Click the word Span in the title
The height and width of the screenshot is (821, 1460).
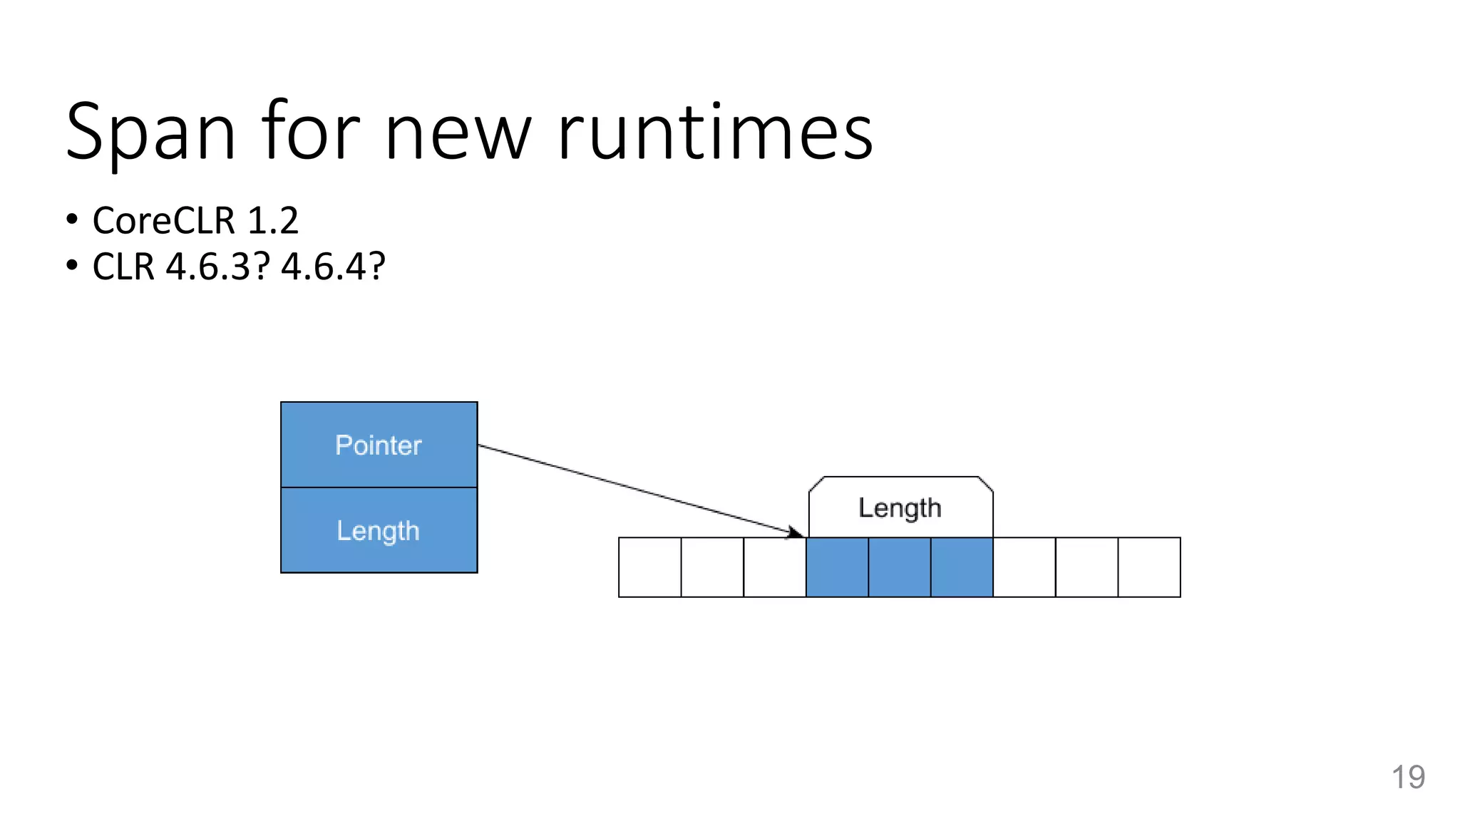click(150, 133)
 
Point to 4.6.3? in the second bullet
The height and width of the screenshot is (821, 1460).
click(218, 267)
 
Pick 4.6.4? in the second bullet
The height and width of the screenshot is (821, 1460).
click(333, 267)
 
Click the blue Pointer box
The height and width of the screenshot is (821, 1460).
click(379, 445)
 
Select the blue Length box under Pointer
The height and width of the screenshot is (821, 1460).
click(379, 530)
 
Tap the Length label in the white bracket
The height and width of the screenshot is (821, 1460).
click(900, 508)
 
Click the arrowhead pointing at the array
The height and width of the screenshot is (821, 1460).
click(796, 532)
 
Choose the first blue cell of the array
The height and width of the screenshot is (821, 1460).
click(837, 567)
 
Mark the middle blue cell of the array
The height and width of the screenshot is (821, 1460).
click(900, 567)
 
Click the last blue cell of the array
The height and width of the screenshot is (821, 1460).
click(962, 567)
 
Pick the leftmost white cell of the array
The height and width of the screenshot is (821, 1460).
click(649, 567)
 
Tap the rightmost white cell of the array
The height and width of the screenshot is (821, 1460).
click(1149, 567)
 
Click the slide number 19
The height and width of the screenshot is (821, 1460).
click(1408, 777)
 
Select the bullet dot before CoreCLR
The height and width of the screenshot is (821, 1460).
click(71, 220)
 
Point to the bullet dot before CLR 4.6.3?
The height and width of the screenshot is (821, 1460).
click(71, 266)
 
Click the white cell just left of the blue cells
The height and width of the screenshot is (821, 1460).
click(774, 567)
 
